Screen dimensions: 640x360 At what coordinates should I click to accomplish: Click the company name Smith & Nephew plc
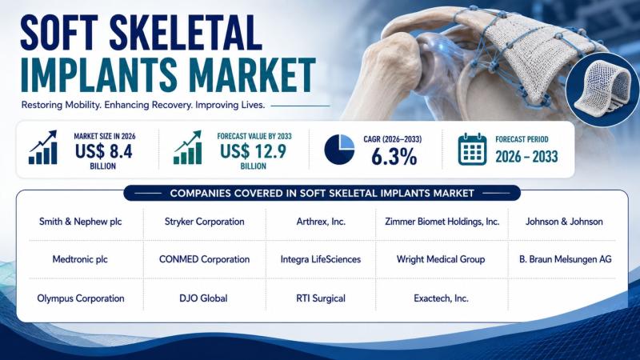coord(81,222)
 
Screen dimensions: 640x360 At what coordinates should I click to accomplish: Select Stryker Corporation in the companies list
coord(205,222)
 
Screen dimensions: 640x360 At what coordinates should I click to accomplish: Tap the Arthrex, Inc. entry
coord(321,222)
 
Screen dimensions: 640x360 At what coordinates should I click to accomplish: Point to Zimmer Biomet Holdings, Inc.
coord(442,222)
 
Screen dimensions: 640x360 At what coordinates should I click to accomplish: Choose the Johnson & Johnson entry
coord(564,222)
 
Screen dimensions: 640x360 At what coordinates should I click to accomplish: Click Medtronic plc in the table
coord(80,259)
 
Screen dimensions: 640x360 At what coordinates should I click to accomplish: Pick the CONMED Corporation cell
coord(205,259)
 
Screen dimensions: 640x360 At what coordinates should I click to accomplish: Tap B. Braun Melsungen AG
coord(566,259)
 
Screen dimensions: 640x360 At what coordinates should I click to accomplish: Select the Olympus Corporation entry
coord(81,298)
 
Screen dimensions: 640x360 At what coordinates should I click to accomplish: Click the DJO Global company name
coord(203,298)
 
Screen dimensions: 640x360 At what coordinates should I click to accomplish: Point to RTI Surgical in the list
coord(321,298)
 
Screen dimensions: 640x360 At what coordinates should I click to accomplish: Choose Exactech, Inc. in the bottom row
coord(442,298)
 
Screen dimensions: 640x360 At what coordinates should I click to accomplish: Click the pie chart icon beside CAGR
coord(339,150)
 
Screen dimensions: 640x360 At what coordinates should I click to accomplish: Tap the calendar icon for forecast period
coord(472,149)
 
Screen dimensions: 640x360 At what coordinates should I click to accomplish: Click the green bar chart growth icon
coord(188,147)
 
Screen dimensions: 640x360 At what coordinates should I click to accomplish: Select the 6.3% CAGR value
coord(394,157)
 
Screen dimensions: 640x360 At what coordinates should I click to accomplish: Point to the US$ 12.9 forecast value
coord(253,151)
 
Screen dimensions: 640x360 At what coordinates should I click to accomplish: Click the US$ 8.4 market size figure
coord(104,151)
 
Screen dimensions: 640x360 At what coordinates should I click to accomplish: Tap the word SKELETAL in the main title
coord(186,33)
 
